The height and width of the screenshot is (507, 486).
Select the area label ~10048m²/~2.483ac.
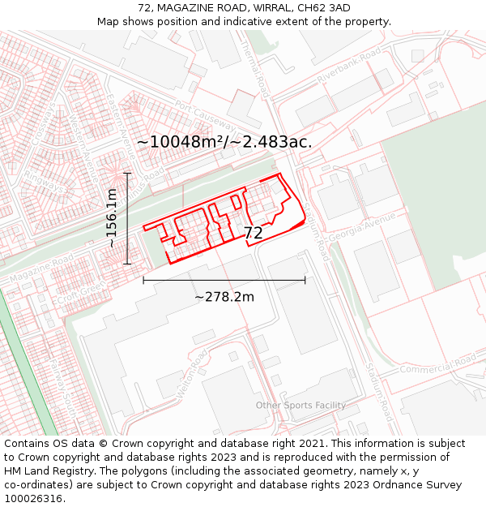(224, 142)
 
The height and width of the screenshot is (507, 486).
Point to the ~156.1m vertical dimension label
(113, 218)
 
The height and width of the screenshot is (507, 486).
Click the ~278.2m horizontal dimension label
(224, 297)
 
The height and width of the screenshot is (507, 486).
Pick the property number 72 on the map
(254, 233)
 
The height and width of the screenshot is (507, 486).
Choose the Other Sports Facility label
(301, 406)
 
